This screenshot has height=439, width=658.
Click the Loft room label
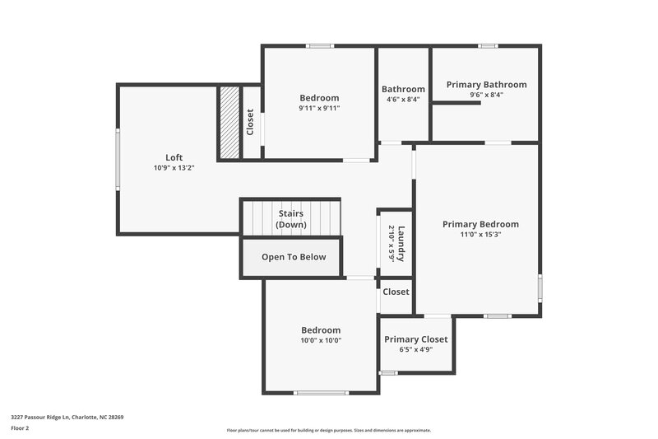(174, 157)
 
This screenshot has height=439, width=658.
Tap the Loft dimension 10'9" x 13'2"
(174, 168)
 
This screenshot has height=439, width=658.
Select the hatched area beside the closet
(229, 122)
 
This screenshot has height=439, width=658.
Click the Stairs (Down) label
(290, 219)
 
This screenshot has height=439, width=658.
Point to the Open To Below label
(294, 257)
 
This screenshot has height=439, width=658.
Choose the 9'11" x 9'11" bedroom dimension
(319, 108)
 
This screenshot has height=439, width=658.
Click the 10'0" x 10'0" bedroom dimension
(320, 340)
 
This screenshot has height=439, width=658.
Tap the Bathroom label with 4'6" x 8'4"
(403, 89)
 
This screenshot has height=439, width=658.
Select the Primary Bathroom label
(486, 84)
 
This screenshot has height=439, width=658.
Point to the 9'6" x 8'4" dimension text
(486, 95)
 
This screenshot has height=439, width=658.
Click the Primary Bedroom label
(480, 224)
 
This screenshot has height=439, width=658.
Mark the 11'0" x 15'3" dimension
(480, 235)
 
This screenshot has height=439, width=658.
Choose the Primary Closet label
(416, 339)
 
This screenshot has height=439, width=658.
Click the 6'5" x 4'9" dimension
(416, 349)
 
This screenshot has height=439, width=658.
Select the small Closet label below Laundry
(396, 292)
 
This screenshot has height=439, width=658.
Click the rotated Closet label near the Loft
(250, 122)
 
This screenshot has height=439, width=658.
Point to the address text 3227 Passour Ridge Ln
(67, 417)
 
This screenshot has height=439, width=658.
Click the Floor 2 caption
(20, 428)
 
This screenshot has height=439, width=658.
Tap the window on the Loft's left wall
(118, 159)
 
